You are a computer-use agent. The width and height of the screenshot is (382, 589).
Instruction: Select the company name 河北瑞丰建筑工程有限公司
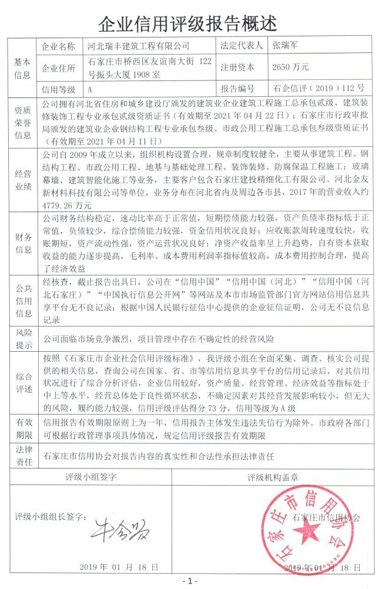pyautogui.click(x=139, y=45)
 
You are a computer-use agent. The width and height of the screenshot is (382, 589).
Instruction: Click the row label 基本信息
pyautogui.click(x=22, y=68)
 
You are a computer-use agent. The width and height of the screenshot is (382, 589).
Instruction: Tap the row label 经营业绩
pyautogui.click(x=22, y=180)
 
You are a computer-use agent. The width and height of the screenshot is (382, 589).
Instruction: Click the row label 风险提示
pyautogui.click(x=22, y=339)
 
